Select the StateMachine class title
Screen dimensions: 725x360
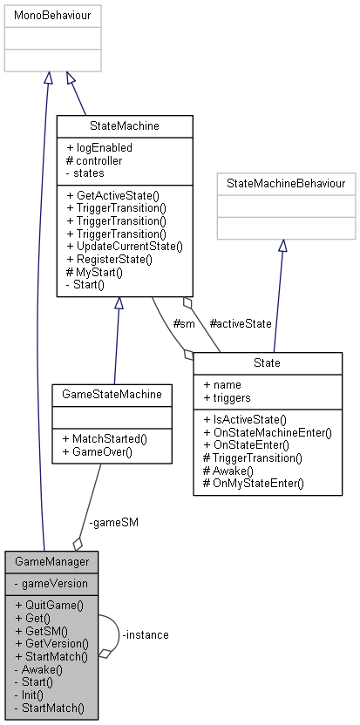(125, 127)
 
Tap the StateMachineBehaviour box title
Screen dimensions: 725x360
(286, 183)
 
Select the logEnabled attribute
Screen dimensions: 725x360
(99, 148)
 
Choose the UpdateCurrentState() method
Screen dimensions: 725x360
(124, 247)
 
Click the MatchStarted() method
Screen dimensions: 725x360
(105, 439)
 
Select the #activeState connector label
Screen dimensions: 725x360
(241, 323)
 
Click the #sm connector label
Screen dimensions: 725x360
(183, 323)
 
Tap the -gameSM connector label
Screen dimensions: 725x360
(113, 523)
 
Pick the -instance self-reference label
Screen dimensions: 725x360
(146, 634)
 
